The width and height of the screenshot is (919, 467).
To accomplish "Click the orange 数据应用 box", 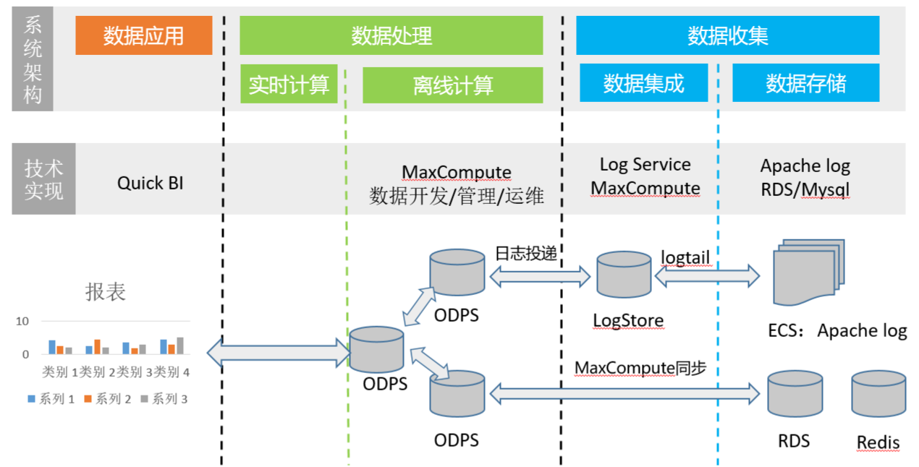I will (x=143, y=35).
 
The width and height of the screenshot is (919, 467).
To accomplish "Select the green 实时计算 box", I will (x=289, y=85).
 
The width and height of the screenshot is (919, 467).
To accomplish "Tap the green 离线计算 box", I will (x=452, y=85).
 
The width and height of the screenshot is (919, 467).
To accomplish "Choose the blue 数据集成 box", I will (x=643, y=83).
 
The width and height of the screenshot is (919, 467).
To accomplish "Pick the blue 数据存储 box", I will (x=805, y=83).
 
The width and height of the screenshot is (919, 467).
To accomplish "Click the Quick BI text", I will (x=151, y=183).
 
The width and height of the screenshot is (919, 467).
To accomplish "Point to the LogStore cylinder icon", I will (x=624, y=275).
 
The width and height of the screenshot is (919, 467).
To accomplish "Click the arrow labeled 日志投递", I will (x=540, y=275).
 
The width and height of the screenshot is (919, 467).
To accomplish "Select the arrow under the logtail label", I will (x=707, y=275).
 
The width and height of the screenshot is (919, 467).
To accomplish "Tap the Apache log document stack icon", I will (x=809, y=275).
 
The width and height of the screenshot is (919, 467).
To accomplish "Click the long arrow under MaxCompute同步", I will (x=624, y=394).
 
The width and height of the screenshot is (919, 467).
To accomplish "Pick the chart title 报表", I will (x=106, y=291).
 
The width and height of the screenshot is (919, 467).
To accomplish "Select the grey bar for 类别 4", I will (x=179, y=346).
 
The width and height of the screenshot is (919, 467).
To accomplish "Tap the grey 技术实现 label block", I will (x=43, y=179).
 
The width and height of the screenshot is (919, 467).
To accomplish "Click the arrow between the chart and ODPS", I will (x=278, y=353).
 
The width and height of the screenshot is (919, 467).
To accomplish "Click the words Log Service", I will (x=645, y=164).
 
